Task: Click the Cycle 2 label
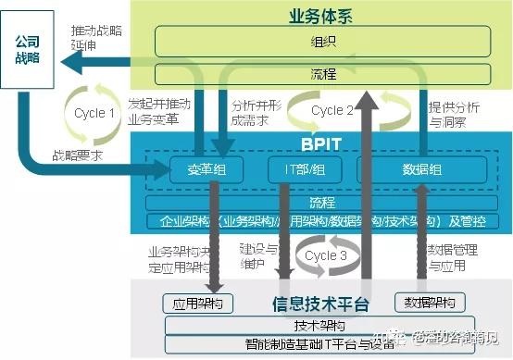pyautogui.click(x=332, y=110)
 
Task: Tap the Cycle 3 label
pyautogui.click(x=321, y=254)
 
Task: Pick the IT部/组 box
pyautogui.click(x=298, y=169)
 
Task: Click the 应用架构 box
pyautogui.click(x=197, y=303)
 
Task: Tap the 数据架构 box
pyautogui.click(x=430, y=303)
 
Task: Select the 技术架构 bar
pyautogui.click(x=320, y=326)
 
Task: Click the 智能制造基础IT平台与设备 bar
pyautogui.click(x=320, y=344)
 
